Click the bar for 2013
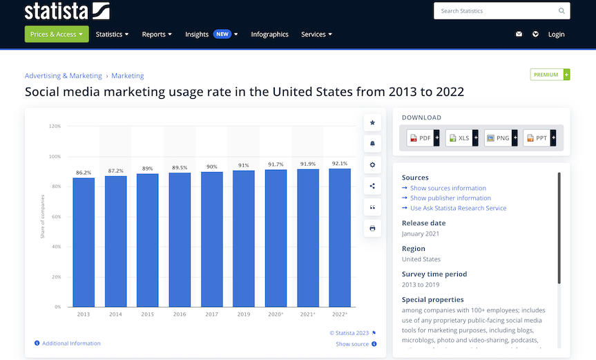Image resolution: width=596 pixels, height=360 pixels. [x=84, y=242]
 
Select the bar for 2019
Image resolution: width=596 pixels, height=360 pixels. [x=244, y=238]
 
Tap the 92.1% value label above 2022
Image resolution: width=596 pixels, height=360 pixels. [x=340, y=164]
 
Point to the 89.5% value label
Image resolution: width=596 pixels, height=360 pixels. [x=180, y=167]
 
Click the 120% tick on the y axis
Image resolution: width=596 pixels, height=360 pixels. [x=55, y=126]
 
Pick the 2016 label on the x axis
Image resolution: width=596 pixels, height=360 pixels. [x=180, y=314]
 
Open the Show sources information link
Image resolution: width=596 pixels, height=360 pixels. [x=448, y=188]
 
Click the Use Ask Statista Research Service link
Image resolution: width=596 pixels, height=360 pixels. [x=458, y=208]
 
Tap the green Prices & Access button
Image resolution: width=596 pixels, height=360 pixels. [x=57, y=35]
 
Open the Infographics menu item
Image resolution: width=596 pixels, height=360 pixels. [x=269, y=35]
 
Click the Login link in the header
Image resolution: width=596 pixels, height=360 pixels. [x=556, y=35]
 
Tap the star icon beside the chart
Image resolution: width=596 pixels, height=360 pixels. [x=373, y=123]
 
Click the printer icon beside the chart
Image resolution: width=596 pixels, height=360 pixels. [x=373, y=228]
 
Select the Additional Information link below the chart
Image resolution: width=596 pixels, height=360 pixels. [x=71, y=343]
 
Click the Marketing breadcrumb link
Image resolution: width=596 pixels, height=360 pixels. [x=128, y=76]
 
